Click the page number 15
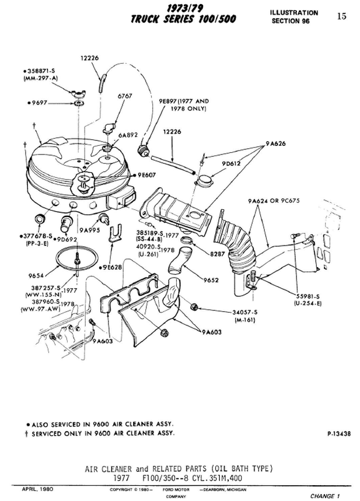pos(341,16)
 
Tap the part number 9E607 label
pos(149,174)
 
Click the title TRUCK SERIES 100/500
pos(183,19)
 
